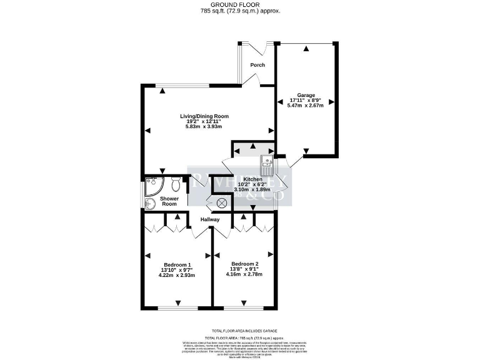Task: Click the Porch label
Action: [257, 65]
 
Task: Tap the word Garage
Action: [306, 95]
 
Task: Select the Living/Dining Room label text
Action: [204, 116]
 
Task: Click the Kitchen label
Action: [244, 179]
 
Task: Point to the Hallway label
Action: [209, 219]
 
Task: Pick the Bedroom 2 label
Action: [244, 263]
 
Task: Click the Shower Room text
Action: [171, 201]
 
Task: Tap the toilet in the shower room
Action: [176, 184]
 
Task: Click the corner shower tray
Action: [152, 185]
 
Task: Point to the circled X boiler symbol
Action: [221, 203]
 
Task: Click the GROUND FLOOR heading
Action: [240, 4]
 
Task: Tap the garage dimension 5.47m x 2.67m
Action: [306, 106]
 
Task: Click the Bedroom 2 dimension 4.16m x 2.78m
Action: [244, 274]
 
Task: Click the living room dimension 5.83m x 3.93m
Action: [204, 127]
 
